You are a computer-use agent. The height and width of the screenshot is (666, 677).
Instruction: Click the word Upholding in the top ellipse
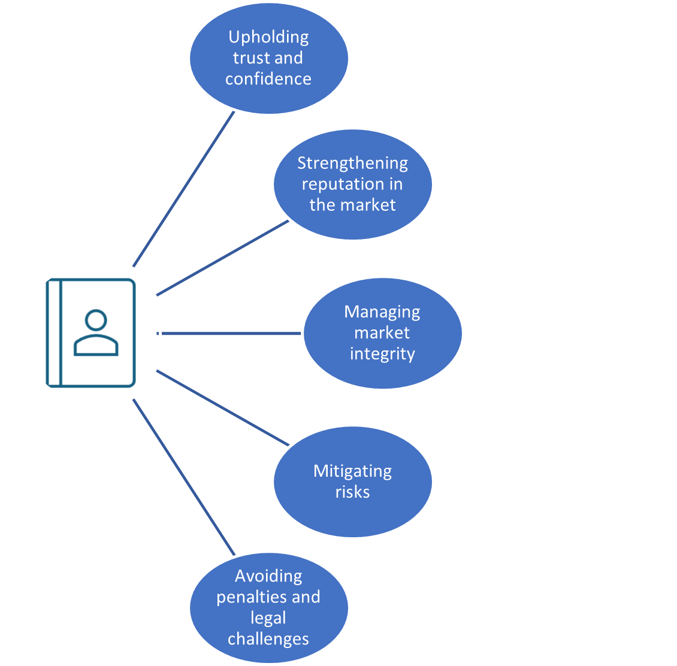tap(268, 38)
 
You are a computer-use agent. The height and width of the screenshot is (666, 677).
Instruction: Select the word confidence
tap(268, 79)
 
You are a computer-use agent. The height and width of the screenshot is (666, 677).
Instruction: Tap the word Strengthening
tap(352, 164)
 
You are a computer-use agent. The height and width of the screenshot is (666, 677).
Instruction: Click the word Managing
tap(382, 312)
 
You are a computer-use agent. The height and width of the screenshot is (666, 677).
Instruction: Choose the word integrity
tap(382, 353)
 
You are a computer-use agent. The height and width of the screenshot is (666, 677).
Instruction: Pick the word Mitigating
tap(352, 471)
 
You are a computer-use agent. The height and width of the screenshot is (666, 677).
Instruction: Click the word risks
tap(352, 492)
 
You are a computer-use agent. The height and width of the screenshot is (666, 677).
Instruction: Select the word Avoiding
tap(268, 576)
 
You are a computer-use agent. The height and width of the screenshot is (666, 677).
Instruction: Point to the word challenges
tap(268, 639)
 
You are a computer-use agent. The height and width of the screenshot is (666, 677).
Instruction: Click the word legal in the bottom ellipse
tap(268, 618)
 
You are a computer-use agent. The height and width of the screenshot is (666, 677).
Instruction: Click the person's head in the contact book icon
tap(96, 320)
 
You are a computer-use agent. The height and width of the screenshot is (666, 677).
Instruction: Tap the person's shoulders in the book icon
tap(96, 346)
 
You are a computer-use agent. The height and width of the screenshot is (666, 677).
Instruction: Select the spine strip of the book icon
tap(55, 333)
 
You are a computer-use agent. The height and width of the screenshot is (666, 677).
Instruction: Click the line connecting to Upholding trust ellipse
tap(183, 189)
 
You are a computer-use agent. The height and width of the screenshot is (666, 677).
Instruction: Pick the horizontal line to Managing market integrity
tap(231, 333)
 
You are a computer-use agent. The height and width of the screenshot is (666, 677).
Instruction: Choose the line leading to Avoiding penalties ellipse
tap(183, 477)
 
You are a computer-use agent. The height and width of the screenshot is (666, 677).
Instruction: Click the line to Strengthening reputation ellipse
tap(222, 258)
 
